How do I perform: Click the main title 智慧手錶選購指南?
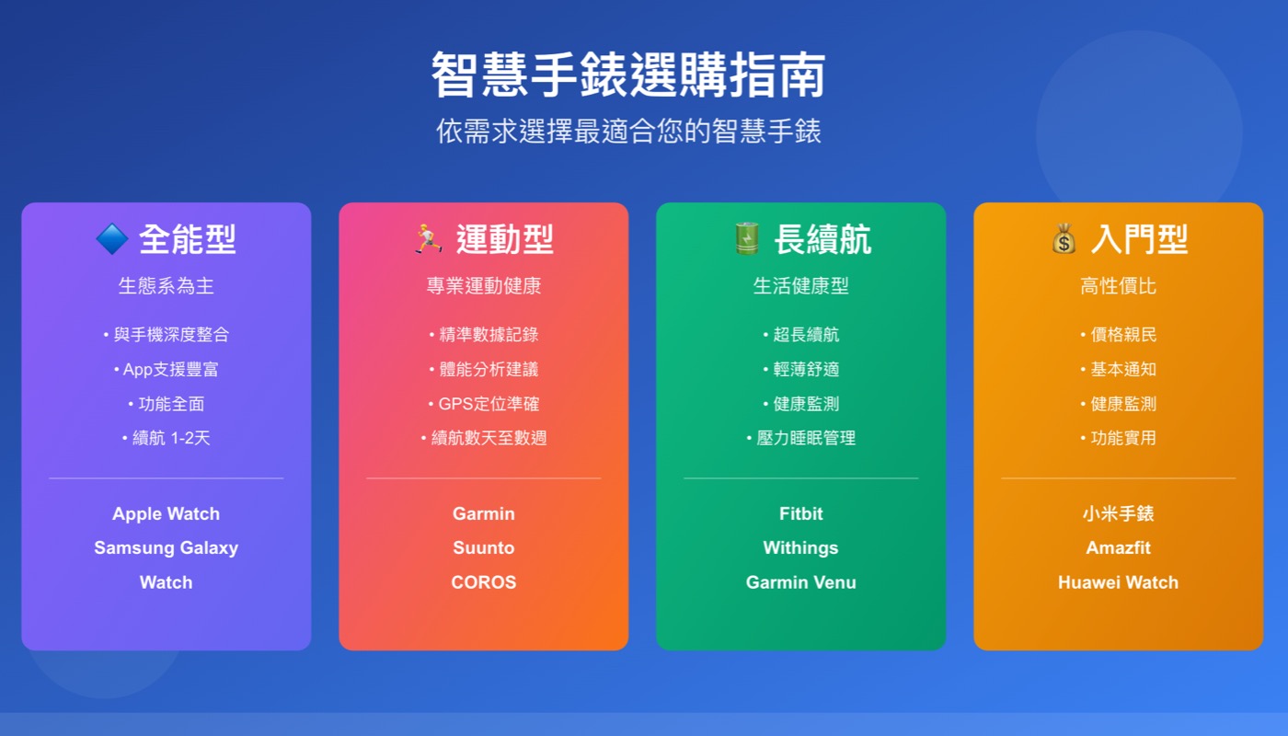coord(628,75)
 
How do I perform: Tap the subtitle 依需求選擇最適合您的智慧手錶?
coord(628,132)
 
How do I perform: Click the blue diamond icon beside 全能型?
coord(111,240)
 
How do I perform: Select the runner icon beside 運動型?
coord(428,239)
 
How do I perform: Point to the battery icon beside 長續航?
coord(745,239)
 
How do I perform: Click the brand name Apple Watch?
coord(166,513)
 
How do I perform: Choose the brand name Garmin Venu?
coord(800,582)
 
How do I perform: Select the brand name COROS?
coord(483,582)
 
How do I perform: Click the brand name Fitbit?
coord(800,513)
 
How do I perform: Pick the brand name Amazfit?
coord(1118,548)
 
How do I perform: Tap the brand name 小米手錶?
coord(1118,513)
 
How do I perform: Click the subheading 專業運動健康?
coord(483,286)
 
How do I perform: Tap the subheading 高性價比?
coord(1118,286)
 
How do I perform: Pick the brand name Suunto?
coord(483,548)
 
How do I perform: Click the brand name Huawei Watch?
coord(1118,582)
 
